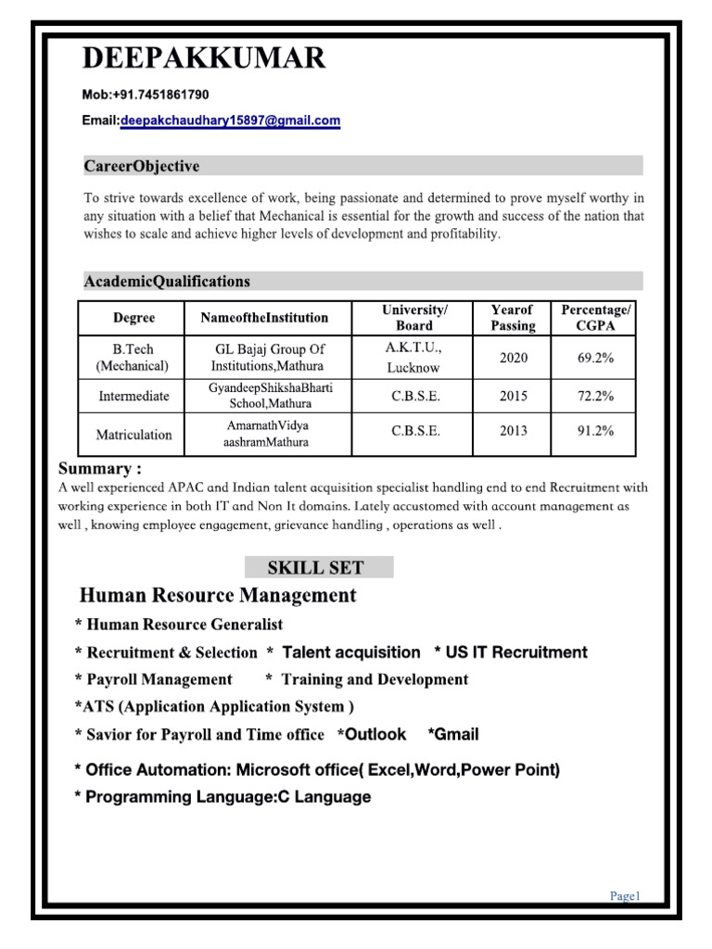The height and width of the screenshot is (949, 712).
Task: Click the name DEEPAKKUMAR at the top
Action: coord(204,59)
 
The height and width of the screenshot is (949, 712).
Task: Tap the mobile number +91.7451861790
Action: coord(159,95)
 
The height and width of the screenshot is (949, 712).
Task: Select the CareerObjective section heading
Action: coord(142,167)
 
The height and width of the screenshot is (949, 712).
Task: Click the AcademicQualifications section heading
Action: coord(167,281)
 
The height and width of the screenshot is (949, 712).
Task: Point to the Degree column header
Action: coord(133,318)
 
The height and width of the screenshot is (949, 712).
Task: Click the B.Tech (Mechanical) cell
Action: coord(133,358)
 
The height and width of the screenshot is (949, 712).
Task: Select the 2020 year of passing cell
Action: coord(513,358)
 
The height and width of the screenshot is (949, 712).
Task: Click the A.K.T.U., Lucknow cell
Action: coord(413,358)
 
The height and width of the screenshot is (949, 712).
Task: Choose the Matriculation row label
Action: coord(134,434)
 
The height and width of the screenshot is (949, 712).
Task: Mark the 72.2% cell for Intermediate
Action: coord(595,396)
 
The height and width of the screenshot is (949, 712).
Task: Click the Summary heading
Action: coord(100,468)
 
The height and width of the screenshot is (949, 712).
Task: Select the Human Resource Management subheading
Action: coord(218,595)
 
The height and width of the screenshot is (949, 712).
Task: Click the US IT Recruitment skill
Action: coord(515,652)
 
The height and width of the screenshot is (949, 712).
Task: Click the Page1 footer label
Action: coord(625,895)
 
